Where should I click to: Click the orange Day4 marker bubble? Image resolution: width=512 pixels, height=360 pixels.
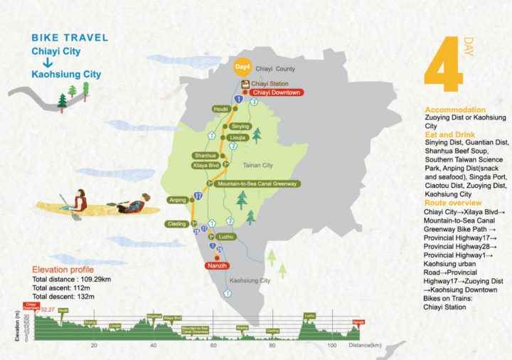point(242,67)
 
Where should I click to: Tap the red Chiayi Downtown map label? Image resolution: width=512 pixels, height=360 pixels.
point(277,92)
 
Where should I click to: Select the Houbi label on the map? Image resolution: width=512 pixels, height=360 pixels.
point(220,109)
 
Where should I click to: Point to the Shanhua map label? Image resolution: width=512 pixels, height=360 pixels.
point(204,155)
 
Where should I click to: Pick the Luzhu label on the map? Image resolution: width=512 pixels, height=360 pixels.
point(228,235)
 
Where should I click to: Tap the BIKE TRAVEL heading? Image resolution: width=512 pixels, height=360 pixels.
point(70,37)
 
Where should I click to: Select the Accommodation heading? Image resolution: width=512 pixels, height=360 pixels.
point(455,110)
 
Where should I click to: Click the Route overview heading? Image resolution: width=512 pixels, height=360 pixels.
point(454,203)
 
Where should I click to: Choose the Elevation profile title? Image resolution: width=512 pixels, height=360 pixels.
point(63,270)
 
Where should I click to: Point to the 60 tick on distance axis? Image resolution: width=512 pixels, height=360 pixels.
point(213,345)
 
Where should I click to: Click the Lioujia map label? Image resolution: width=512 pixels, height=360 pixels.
point(238,138)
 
